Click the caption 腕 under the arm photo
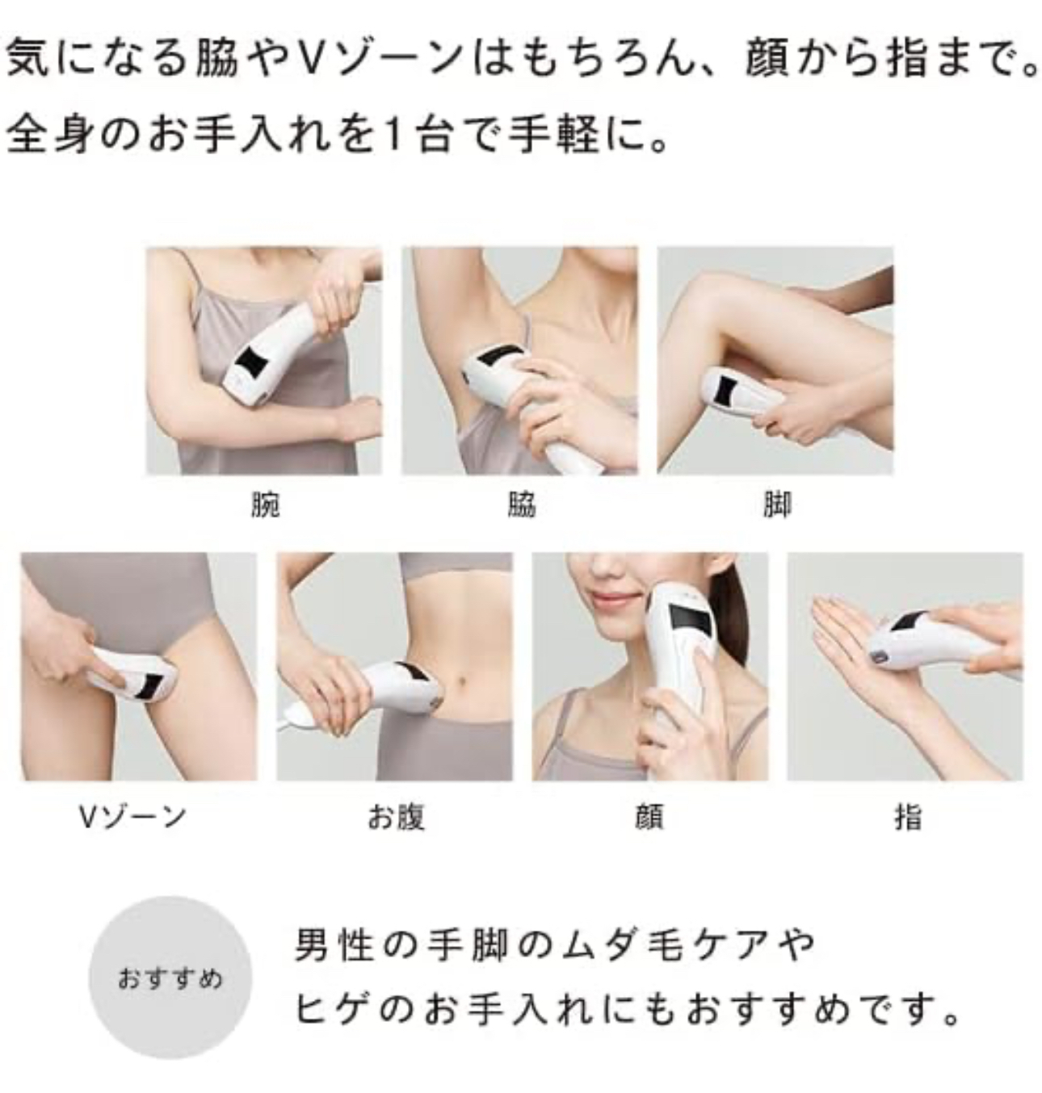(265, 505)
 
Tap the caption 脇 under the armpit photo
(521, 505)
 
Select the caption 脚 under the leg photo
(776, 505)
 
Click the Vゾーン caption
(132, 817)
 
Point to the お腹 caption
(396, 817)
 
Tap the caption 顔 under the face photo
(649, 817)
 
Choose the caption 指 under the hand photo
(907, 817)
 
